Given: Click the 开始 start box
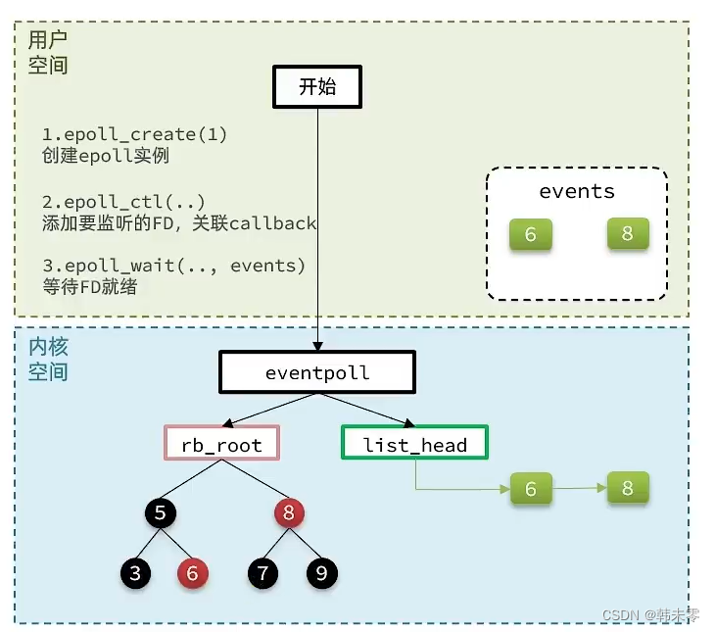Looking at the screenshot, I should click(316, 87).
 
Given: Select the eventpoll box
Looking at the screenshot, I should click(317, 373).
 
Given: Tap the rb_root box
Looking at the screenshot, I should click(221, 444).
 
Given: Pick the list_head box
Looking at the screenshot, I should click(414, 444).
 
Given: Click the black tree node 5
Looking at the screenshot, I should click(162, 512).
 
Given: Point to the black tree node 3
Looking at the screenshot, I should click(135, 573).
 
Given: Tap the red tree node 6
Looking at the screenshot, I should click(192, 573).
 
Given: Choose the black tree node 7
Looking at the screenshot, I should click(262, 573).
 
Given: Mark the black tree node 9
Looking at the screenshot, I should click(320, 573).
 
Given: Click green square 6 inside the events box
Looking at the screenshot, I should click(531, 235).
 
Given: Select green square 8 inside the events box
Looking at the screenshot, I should click(628, 234).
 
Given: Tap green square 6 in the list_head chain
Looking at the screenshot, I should click(531, 488).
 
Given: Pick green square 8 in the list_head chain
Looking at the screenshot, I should click(628, 487).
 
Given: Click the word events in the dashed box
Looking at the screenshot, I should click(577, 190).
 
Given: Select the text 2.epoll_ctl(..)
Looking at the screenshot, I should click(123, 202).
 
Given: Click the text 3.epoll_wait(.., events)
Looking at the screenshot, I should click(173, 267).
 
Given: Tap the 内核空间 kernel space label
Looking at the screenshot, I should click(48, 360).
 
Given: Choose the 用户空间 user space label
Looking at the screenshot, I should click(48, 52).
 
